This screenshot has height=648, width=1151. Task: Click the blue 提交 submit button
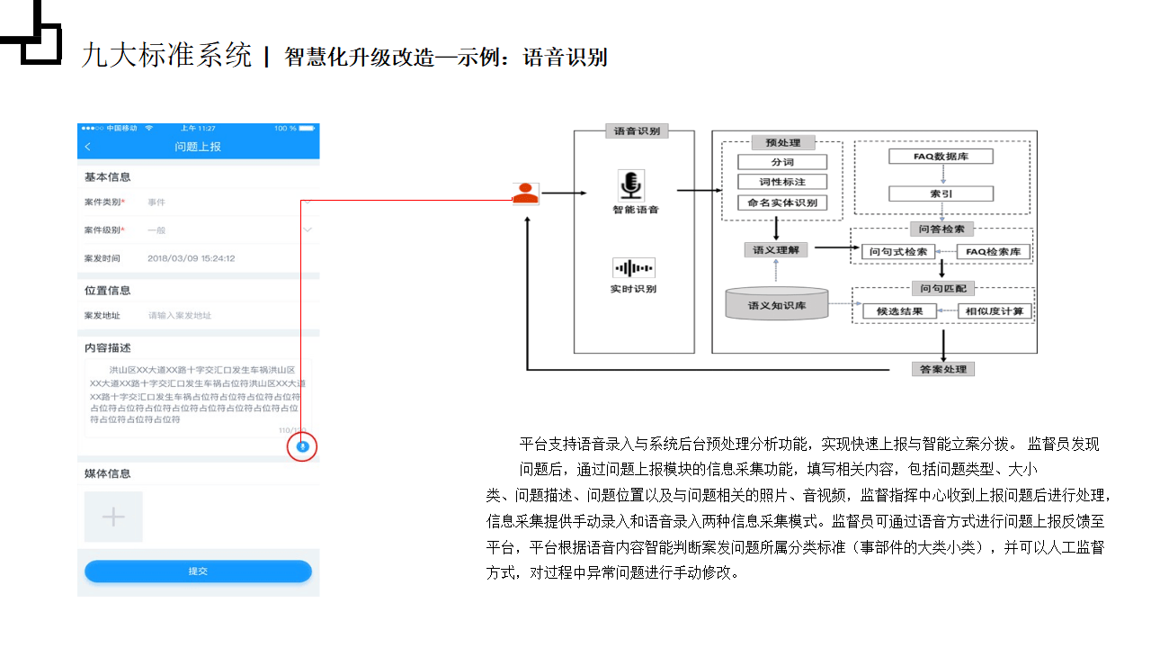pyautogui.click(x=198, y=571)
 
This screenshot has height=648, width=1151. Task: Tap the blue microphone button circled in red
pyautogui.click(x=303, y=446)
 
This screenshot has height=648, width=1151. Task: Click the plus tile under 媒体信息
pyautogui.click(x=113, y=517)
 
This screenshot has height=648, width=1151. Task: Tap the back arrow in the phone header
pyautogui.click(x=87, y=147)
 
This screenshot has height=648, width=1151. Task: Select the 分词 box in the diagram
pyautogui.click(x=781, y=162)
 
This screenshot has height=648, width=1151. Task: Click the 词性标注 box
pyautogui.click(x=781, y=182)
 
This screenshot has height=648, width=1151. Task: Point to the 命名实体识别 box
pyautogui.click(x=781, y=202)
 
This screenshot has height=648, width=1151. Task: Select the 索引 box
pyautogui.click(x=941, y=193)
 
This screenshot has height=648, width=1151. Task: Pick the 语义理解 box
pyautogui.click(x=775, y=250)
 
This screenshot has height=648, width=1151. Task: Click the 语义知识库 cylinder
pyautogui.click(x=776, y=304)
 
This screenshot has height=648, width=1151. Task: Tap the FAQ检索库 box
pyautogui.click(x=992, y=252)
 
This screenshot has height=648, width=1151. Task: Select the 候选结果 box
pyautogui.click(x=899, y=311)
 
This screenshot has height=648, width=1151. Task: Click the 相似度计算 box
pyautogui.click(x=995, y=311)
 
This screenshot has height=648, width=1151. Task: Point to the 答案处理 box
pyautogui.click(x=942, y=369)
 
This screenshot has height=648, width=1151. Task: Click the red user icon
pyautogui.click(x=526, y=193)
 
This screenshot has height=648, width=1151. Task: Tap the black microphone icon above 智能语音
pyautogui.click(x=631, y=184)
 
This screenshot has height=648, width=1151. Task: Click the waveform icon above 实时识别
pyautogui.click(x=633, y=268)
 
